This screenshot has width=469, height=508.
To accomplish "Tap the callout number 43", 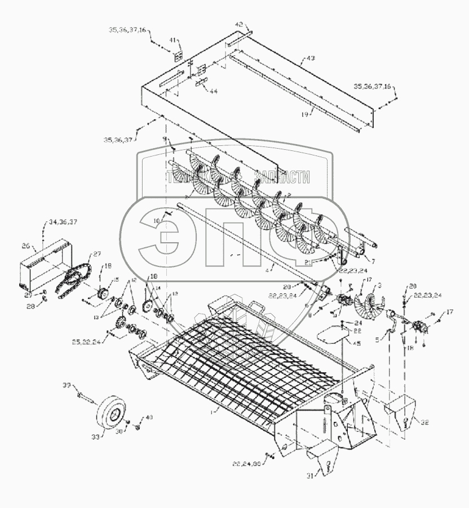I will (x=310, y=59).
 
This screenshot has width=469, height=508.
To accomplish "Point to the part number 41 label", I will (x=174, y=41).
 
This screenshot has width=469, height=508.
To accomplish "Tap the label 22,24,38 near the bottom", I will (x=245, y=464).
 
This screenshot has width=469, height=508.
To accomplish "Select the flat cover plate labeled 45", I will (x=331, y=336).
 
